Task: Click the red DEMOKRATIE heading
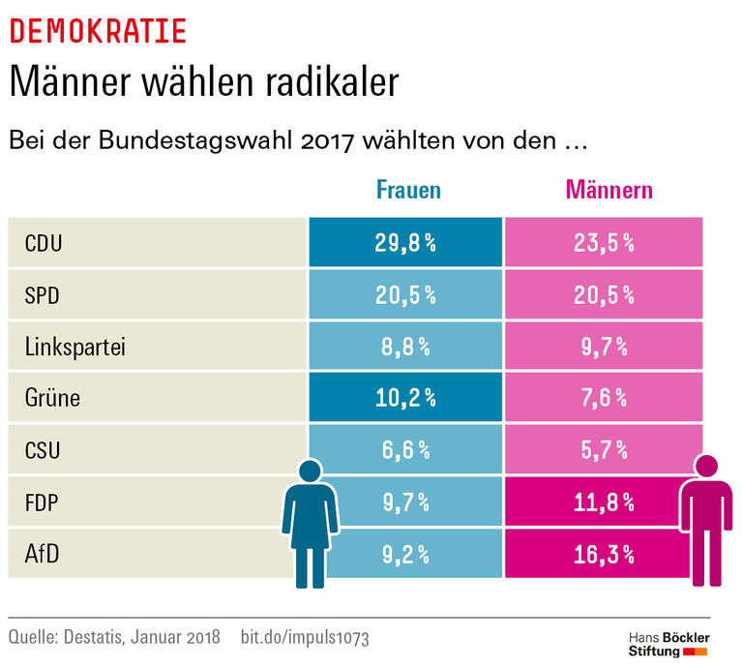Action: tap(98, 32)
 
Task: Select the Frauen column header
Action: tap(407, 190)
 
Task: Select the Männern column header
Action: tap(609, 190)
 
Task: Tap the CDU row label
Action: tap(44, 243)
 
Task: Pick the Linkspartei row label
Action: tap(75, 346)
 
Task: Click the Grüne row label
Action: tap(52, 398)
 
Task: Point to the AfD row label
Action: tap(42, 554)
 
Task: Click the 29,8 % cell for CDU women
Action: tap(405, 243)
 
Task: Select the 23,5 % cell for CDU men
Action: tap(603, 243)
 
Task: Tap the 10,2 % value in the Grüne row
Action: tap(405, 398)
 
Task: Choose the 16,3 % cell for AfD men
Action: tap(603, 554)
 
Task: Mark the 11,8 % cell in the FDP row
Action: tap(603, 502)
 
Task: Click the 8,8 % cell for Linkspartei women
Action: tap(405, 346)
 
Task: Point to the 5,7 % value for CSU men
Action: tap(603, 450)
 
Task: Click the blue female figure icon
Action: tap(310, 523)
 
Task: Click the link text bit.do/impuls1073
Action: tap(304, 638)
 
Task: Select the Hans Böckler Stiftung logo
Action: tap(669, 644)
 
